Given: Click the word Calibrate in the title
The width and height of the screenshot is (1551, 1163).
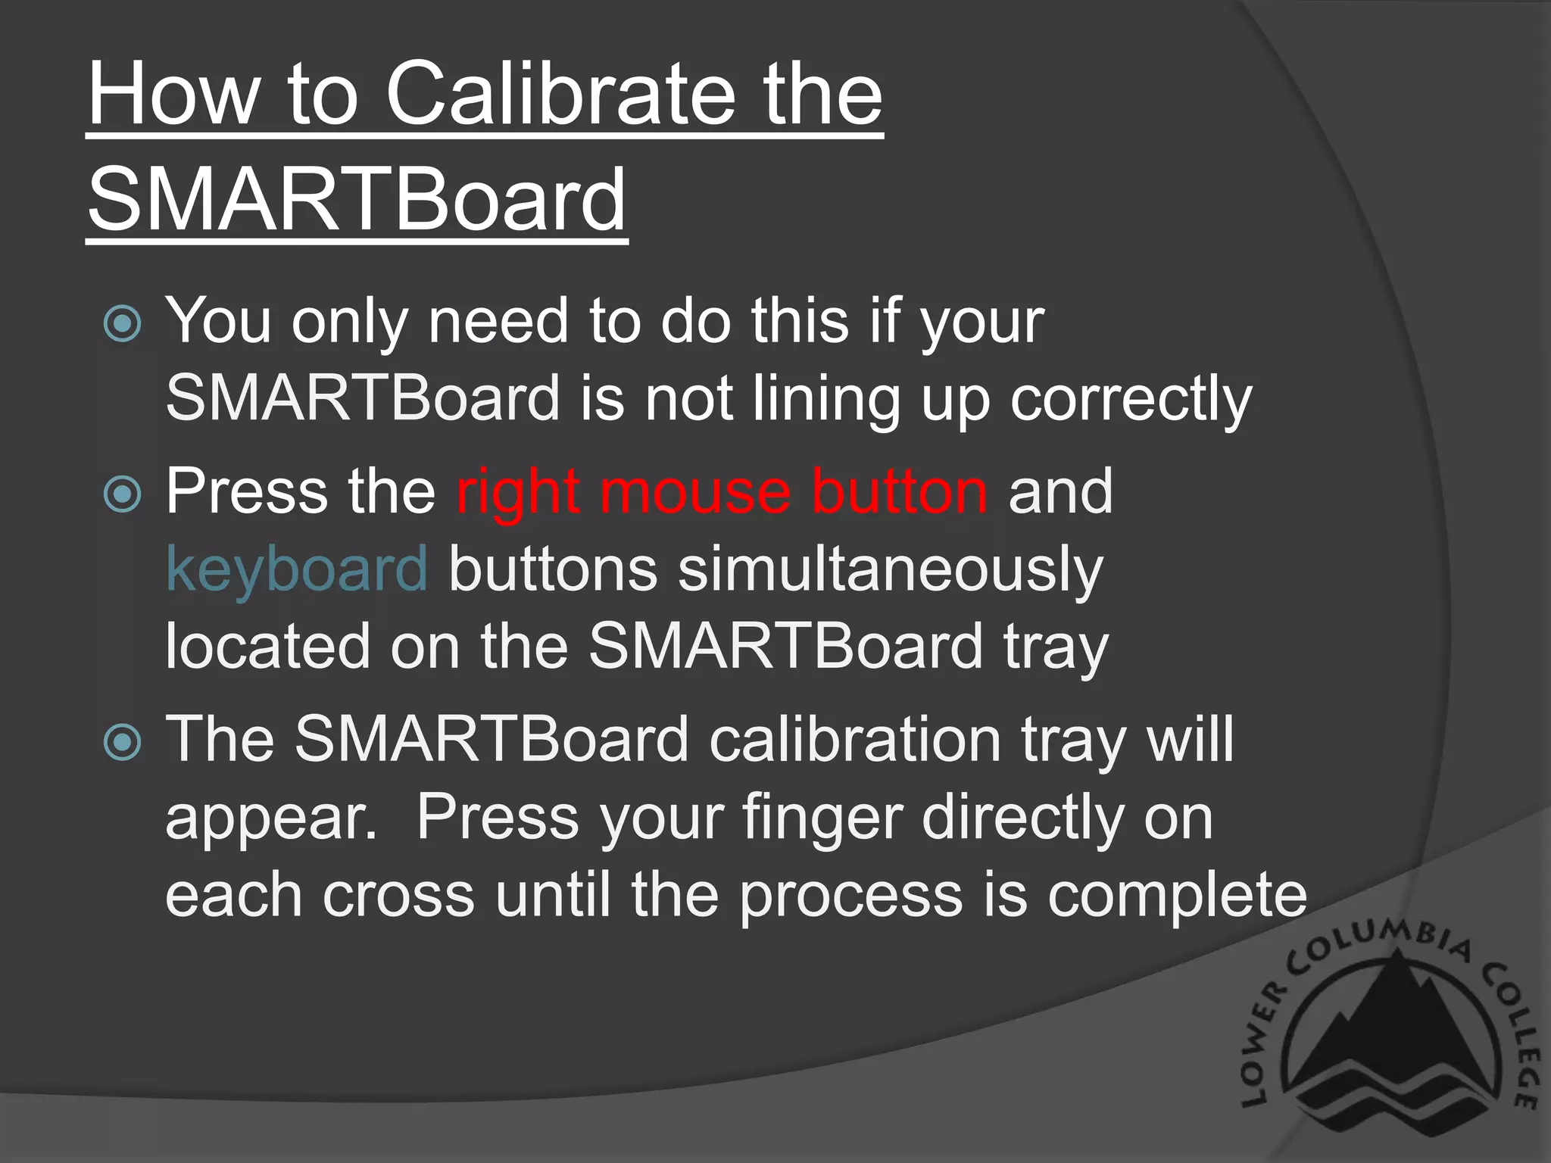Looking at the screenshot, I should (560, 94).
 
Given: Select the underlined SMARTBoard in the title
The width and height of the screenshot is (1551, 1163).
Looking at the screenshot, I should (357, 200).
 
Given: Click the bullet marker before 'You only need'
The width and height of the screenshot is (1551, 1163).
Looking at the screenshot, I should (123, 324).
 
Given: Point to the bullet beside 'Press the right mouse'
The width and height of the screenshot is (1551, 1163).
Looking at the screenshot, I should (123, 494).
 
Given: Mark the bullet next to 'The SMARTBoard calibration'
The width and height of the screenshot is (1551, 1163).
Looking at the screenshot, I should (123, 741).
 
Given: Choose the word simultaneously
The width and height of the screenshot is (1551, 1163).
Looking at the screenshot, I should (890, 570).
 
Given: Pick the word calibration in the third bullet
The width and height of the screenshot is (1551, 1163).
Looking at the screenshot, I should (855, 740).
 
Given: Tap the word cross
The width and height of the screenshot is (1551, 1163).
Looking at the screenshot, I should (398, 896).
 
